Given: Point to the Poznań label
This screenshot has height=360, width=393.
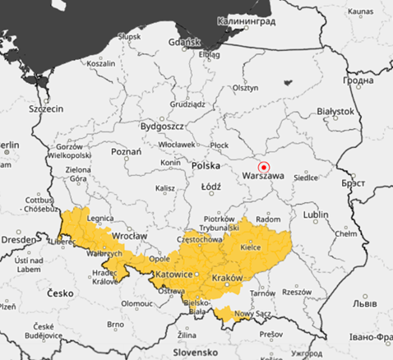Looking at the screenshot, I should [127, 151].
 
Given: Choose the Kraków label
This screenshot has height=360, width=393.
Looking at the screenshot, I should [227, 279].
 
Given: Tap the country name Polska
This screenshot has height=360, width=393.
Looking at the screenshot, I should [206, 165].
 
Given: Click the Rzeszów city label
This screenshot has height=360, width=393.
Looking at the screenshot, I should [297, 292].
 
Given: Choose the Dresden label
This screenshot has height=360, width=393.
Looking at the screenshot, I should [17, 239].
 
